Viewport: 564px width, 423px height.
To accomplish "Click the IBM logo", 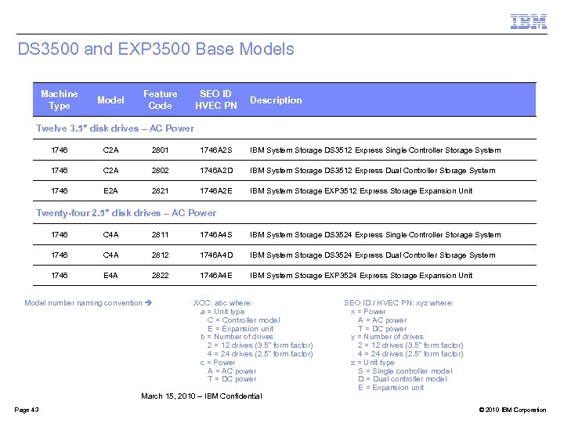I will [x=529, y=22].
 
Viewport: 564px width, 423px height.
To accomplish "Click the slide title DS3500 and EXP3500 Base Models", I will [x=156, y=49].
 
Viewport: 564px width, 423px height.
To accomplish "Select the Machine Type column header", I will [x=59, y=99].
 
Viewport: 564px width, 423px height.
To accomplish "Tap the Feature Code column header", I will [x=160, y=99].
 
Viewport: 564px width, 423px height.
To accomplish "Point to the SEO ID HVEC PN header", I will [x=215, y=99].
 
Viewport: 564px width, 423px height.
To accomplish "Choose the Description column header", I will [x=276, y=100].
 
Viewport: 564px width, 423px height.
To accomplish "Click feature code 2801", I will [x=160, y=150].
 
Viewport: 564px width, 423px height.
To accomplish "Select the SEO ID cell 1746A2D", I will [x=216, y=171].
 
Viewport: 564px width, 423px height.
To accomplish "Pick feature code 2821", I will [x=160, y=191].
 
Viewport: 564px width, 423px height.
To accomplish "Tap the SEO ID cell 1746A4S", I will [x=216, y=235].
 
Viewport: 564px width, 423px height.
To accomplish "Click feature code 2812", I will [x=160, y=255].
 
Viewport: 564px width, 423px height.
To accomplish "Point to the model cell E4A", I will [x=110, y=276].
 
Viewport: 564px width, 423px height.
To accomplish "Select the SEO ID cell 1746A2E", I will [x=216, y=191].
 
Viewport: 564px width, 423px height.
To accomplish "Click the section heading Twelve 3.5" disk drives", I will [x=115, y=128].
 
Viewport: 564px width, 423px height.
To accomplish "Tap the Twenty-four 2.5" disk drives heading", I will [x=126, y=213].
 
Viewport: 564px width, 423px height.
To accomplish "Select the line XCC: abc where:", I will [x=223, y=303].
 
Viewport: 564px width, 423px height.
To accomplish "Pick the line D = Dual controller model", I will [x=402, y=379].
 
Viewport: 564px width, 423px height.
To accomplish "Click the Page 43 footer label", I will [x=27, y=410].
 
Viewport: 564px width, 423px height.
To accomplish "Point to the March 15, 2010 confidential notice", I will [x=201, y=396].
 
